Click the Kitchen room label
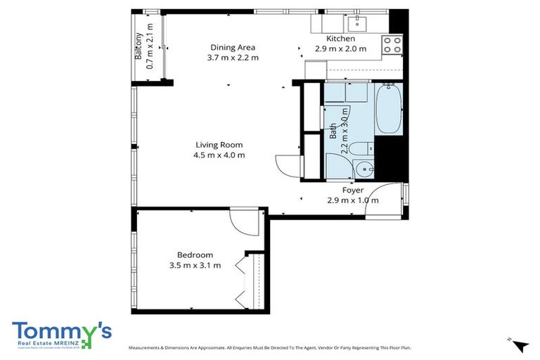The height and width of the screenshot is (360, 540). pyautogui.click(x=340, y=39)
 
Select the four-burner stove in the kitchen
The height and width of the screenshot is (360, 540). pyautogui.click(x=392, y=46)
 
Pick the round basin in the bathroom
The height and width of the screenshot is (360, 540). pyautogui.click(x=364, y=169)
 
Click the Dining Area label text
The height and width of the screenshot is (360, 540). pyautogui.click(x=232, y=47)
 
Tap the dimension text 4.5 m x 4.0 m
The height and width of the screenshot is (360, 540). pyautogui.click(x=219, y=155)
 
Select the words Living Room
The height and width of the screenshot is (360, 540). pyautogui.click(x=219, y=145)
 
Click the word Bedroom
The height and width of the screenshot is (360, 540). pyautogui.click(x=195, y=255)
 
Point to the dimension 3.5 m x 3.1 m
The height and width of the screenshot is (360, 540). pyautogui.click(x=195, y=265)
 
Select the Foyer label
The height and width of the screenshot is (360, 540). pyautogui.click(x=352, y=190)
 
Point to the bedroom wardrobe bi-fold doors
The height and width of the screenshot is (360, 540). pyautogui.click(x=242, y=281)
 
